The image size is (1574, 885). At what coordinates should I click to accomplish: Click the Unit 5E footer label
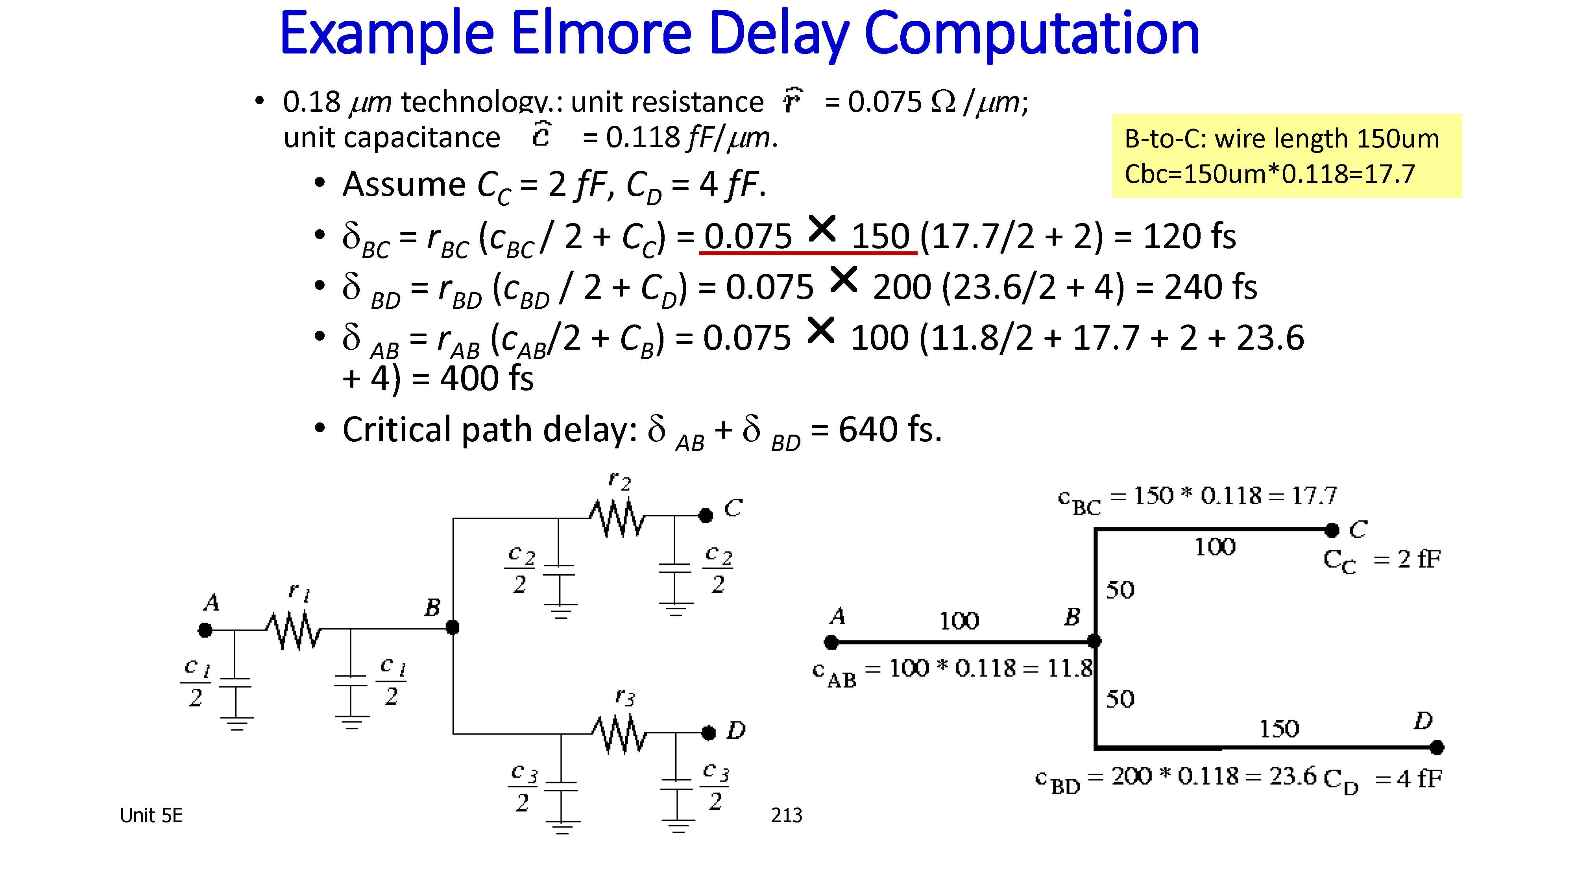click(x=151, y=815)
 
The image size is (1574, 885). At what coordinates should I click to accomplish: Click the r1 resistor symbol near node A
click(x=293, y=630)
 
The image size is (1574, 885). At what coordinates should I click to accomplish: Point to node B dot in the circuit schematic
click(x=452, y=627)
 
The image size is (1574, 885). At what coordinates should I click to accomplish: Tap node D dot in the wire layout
click(x=1437, y=747)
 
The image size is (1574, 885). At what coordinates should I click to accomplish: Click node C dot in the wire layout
click(x=1332, y=530)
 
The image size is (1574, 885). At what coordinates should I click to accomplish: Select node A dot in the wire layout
click(x=831, y=642)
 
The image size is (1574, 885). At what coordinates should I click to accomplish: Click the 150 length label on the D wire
click(x=1279, y=728)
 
